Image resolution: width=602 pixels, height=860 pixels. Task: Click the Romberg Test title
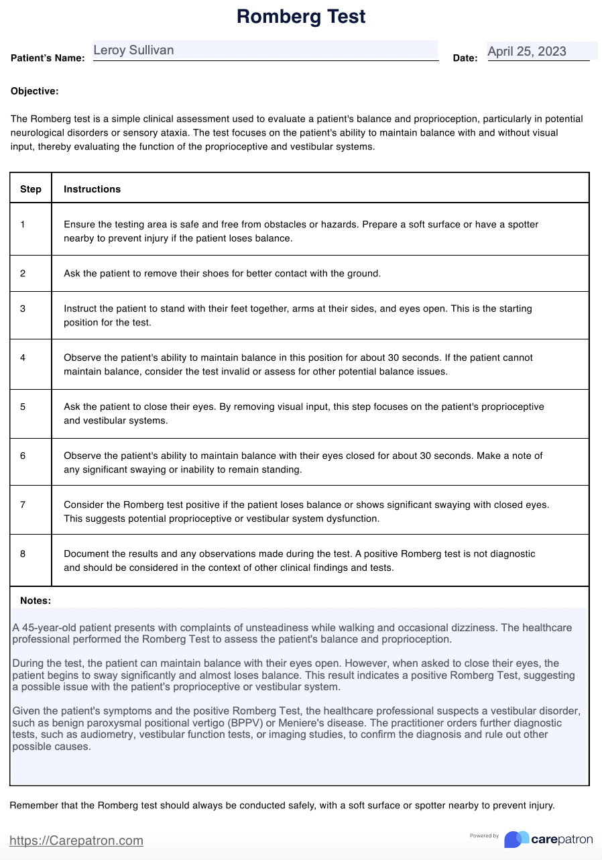pos(301,17)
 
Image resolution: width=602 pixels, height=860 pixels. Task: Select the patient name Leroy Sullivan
pos(133,50)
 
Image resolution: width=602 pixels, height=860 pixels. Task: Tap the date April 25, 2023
pos(527,52)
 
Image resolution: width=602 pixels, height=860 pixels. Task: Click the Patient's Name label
pos(48,58)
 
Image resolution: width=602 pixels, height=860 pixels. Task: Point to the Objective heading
pos(35,91)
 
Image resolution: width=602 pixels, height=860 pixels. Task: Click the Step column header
pos(31,189)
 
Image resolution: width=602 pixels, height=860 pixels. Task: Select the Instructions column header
pos(93,189)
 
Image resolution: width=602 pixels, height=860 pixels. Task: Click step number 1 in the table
pos(23,225)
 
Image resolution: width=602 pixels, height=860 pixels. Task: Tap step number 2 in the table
pos(23,273)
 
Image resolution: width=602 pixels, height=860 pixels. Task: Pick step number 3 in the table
pos(23,309)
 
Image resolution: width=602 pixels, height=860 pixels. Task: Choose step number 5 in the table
pos(23,407)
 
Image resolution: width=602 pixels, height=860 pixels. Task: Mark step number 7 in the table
pos(23,504)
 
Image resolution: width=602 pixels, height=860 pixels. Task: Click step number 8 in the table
pos(23,554)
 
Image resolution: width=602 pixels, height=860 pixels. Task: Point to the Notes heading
pos(36,601)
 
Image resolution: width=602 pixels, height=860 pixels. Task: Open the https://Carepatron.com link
pos(76,841)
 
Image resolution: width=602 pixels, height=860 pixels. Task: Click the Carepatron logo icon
pos(516,839)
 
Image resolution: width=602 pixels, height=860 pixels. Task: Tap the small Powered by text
pos(484,836)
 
